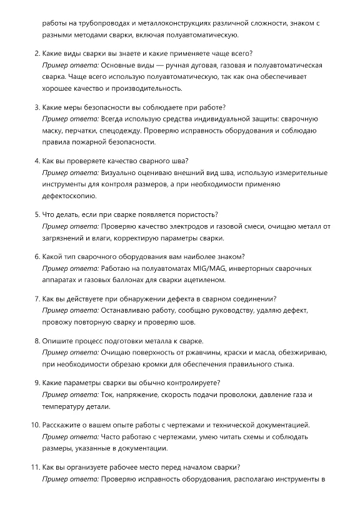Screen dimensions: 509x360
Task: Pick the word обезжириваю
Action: tap(281, 353)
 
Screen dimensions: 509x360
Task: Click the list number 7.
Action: tap(36, 298)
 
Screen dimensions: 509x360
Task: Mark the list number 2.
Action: tap(36, 53)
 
